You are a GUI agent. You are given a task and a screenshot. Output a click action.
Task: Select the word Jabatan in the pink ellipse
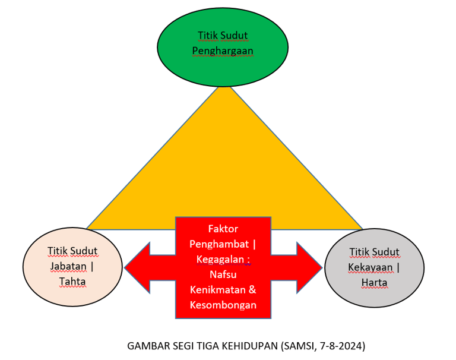(x=68, y=266)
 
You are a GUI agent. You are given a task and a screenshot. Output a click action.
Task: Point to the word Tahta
(x=72, y=281)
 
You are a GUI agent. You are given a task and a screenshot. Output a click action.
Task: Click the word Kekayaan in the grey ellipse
(x=370, y=267)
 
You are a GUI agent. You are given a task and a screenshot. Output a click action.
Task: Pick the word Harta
(x=374, y=282)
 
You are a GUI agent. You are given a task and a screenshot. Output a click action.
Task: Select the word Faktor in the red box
(x=223, y=229)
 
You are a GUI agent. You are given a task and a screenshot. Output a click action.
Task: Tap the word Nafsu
(x=223, y=275)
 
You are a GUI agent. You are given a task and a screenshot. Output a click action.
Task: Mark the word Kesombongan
(x=223, y=305)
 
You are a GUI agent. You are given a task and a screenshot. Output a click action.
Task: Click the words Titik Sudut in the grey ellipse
(x=374, y=252)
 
